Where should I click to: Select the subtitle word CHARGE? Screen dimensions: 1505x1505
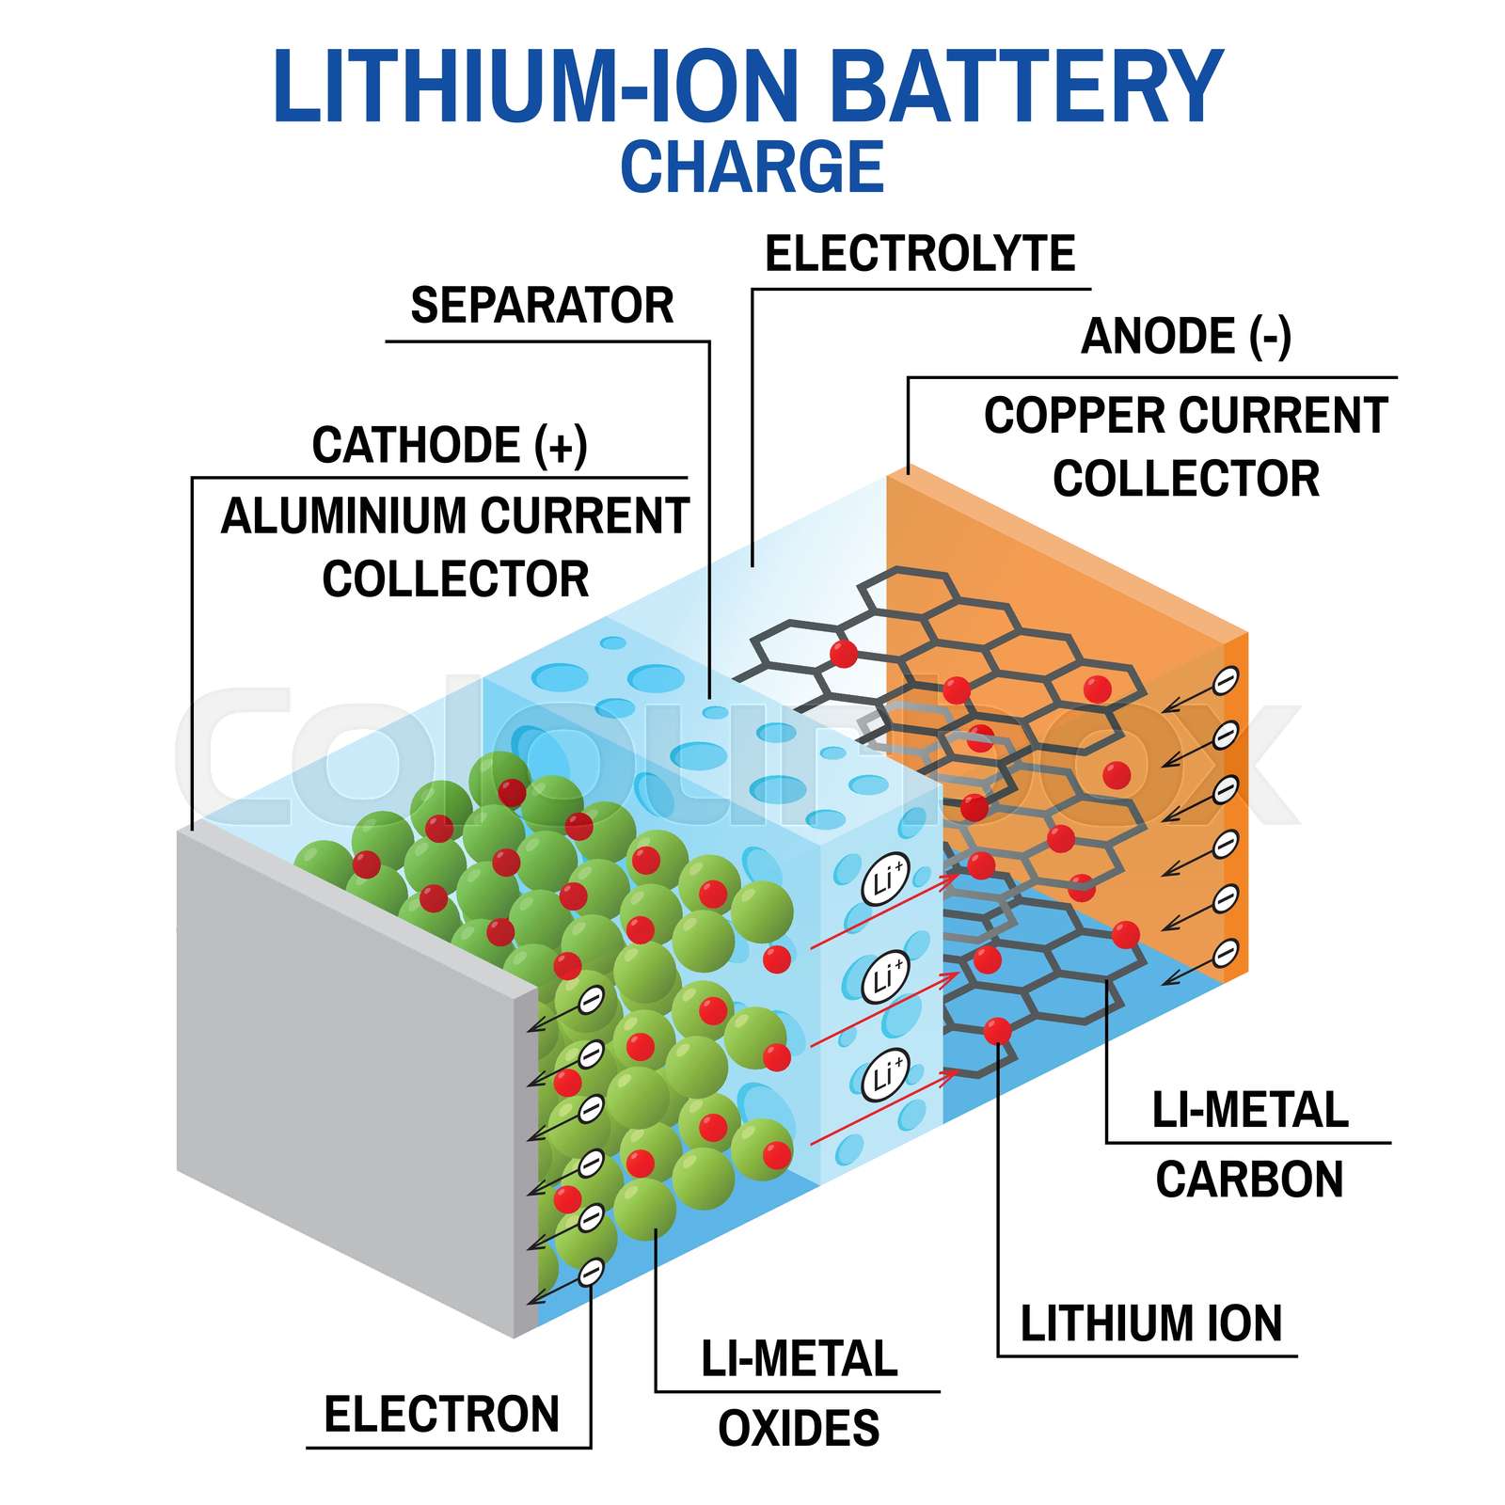(752, 167)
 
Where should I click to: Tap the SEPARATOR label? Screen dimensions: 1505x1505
(542, 306)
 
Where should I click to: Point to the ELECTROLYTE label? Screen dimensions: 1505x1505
(919, 254)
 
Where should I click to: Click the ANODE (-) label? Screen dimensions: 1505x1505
(1186, 337)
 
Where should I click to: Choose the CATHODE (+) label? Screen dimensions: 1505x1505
(450, 445)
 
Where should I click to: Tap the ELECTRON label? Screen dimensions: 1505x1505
(441, 1415)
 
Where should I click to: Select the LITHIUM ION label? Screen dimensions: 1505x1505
(1150, 1323)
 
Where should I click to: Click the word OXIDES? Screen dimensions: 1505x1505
(799, 1429)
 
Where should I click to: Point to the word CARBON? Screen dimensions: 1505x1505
(1249, 1180)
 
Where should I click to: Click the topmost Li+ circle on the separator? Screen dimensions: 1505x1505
(885, 880)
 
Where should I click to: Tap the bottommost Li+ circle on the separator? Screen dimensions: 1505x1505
(885, 1074)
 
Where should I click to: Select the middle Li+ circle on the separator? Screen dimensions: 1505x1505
(885, 977)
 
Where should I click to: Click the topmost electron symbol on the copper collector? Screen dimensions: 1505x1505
(1225, 680)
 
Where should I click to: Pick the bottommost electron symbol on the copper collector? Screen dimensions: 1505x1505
(1225, 954)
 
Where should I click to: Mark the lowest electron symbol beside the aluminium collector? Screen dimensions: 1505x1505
(591, 1274)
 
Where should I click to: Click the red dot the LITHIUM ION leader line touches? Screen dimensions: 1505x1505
(997, 1031)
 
